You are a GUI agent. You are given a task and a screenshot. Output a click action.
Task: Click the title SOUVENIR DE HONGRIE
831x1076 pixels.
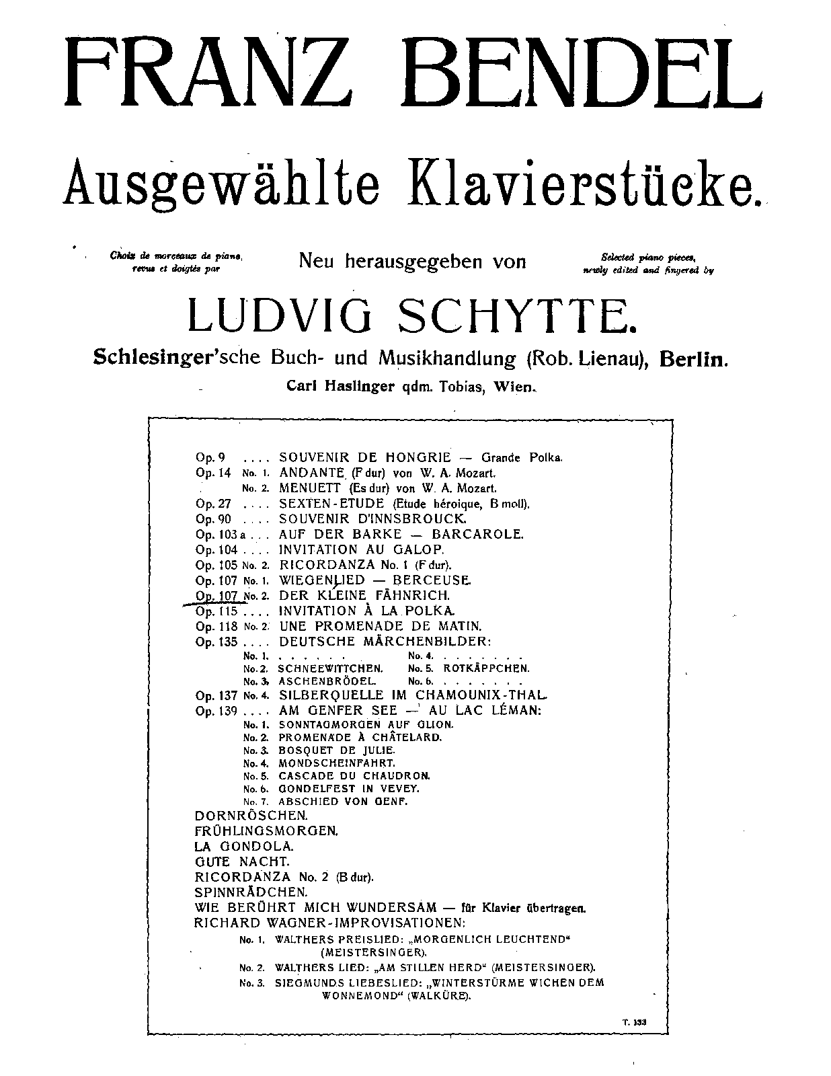364,457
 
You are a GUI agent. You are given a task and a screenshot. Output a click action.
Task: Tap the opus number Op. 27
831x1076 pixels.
212,504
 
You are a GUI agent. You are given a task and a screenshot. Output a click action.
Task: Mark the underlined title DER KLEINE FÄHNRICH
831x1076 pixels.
364,596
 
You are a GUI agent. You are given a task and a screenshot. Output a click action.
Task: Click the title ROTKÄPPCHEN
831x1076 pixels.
486,668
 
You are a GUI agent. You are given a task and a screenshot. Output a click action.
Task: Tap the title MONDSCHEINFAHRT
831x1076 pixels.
337,763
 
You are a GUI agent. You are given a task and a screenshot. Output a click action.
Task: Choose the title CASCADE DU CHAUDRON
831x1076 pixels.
354,775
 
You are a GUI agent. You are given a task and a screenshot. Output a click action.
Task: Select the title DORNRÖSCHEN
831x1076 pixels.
245,815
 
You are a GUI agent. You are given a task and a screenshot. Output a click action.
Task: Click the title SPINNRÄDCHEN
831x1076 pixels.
251,892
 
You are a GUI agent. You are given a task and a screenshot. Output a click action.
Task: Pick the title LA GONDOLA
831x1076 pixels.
244,846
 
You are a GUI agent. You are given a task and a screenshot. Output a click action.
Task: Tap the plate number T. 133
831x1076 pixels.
633,1022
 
